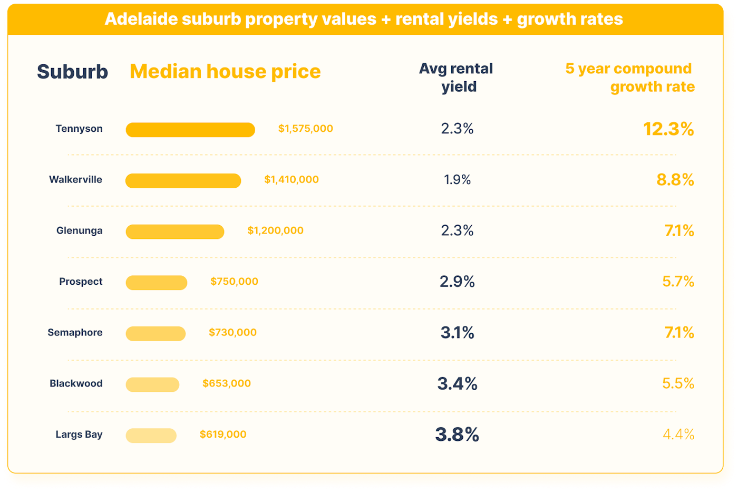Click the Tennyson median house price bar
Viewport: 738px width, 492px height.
190,130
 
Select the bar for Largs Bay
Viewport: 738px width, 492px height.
151,436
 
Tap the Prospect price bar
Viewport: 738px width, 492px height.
156,283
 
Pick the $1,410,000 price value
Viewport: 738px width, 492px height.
292,180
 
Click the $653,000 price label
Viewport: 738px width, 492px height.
227,383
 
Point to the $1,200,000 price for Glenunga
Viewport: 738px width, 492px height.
275,230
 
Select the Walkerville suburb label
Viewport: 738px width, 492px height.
75,180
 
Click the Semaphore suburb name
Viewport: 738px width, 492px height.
75,333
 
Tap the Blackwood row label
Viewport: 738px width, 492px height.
76,383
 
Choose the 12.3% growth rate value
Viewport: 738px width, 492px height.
668,129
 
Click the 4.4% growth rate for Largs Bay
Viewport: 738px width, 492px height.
678,435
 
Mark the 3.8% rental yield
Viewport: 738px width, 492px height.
457,435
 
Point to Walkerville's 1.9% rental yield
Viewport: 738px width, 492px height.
457,180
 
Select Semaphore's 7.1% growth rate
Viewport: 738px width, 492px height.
679,333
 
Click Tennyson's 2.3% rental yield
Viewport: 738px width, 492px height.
457,129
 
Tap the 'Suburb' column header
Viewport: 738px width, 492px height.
72,72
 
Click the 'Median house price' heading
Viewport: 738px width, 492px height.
225,72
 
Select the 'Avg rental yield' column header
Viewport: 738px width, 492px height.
457,78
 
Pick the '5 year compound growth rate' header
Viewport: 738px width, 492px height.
630,78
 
